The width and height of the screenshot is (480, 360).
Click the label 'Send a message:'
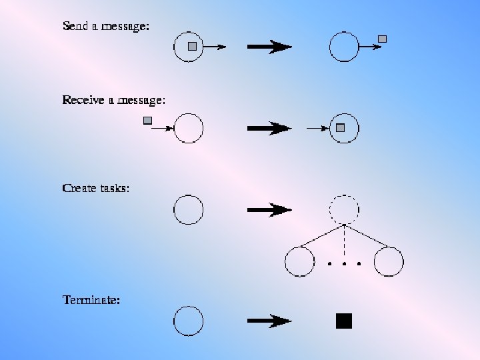point(105,27)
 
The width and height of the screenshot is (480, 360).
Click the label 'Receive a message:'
point(113,100)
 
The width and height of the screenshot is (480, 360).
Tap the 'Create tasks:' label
point(95,188)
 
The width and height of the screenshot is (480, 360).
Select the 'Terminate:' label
point(91,300)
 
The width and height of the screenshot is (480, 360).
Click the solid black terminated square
point(343,321)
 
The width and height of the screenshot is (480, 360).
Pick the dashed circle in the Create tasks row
point(344,210)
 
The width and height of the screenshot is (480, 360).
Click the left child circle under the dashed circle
point(299,262)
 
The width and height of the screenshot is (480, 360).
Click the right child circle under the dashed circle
point(389,262)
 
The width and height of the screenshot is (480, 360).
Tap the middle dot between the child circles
point(344,264)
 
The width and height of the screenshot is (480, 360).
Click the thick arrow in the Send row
point(269,47)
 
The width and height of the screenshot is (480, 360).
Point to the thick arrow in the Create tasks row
point(269,210)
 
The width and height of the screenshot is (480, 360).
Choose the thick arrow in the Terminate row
point(269,321)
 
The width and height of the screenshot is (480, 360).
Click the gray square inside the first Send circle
point(192,46)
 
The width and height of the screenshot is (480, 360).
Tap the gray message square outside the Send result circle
point(382,39)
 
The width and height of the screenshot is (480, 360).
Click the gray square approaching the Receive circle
point(148,121)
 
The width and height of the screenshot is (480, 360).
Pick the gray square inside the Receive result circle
point(340,127)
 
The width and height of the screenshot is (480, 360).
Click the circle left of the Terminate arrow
point(188,321)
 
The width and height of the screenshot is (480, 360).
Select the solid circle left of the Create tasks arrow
point(188,210)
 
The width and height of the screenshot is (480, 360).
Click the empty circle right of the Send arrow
point(344,47)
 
